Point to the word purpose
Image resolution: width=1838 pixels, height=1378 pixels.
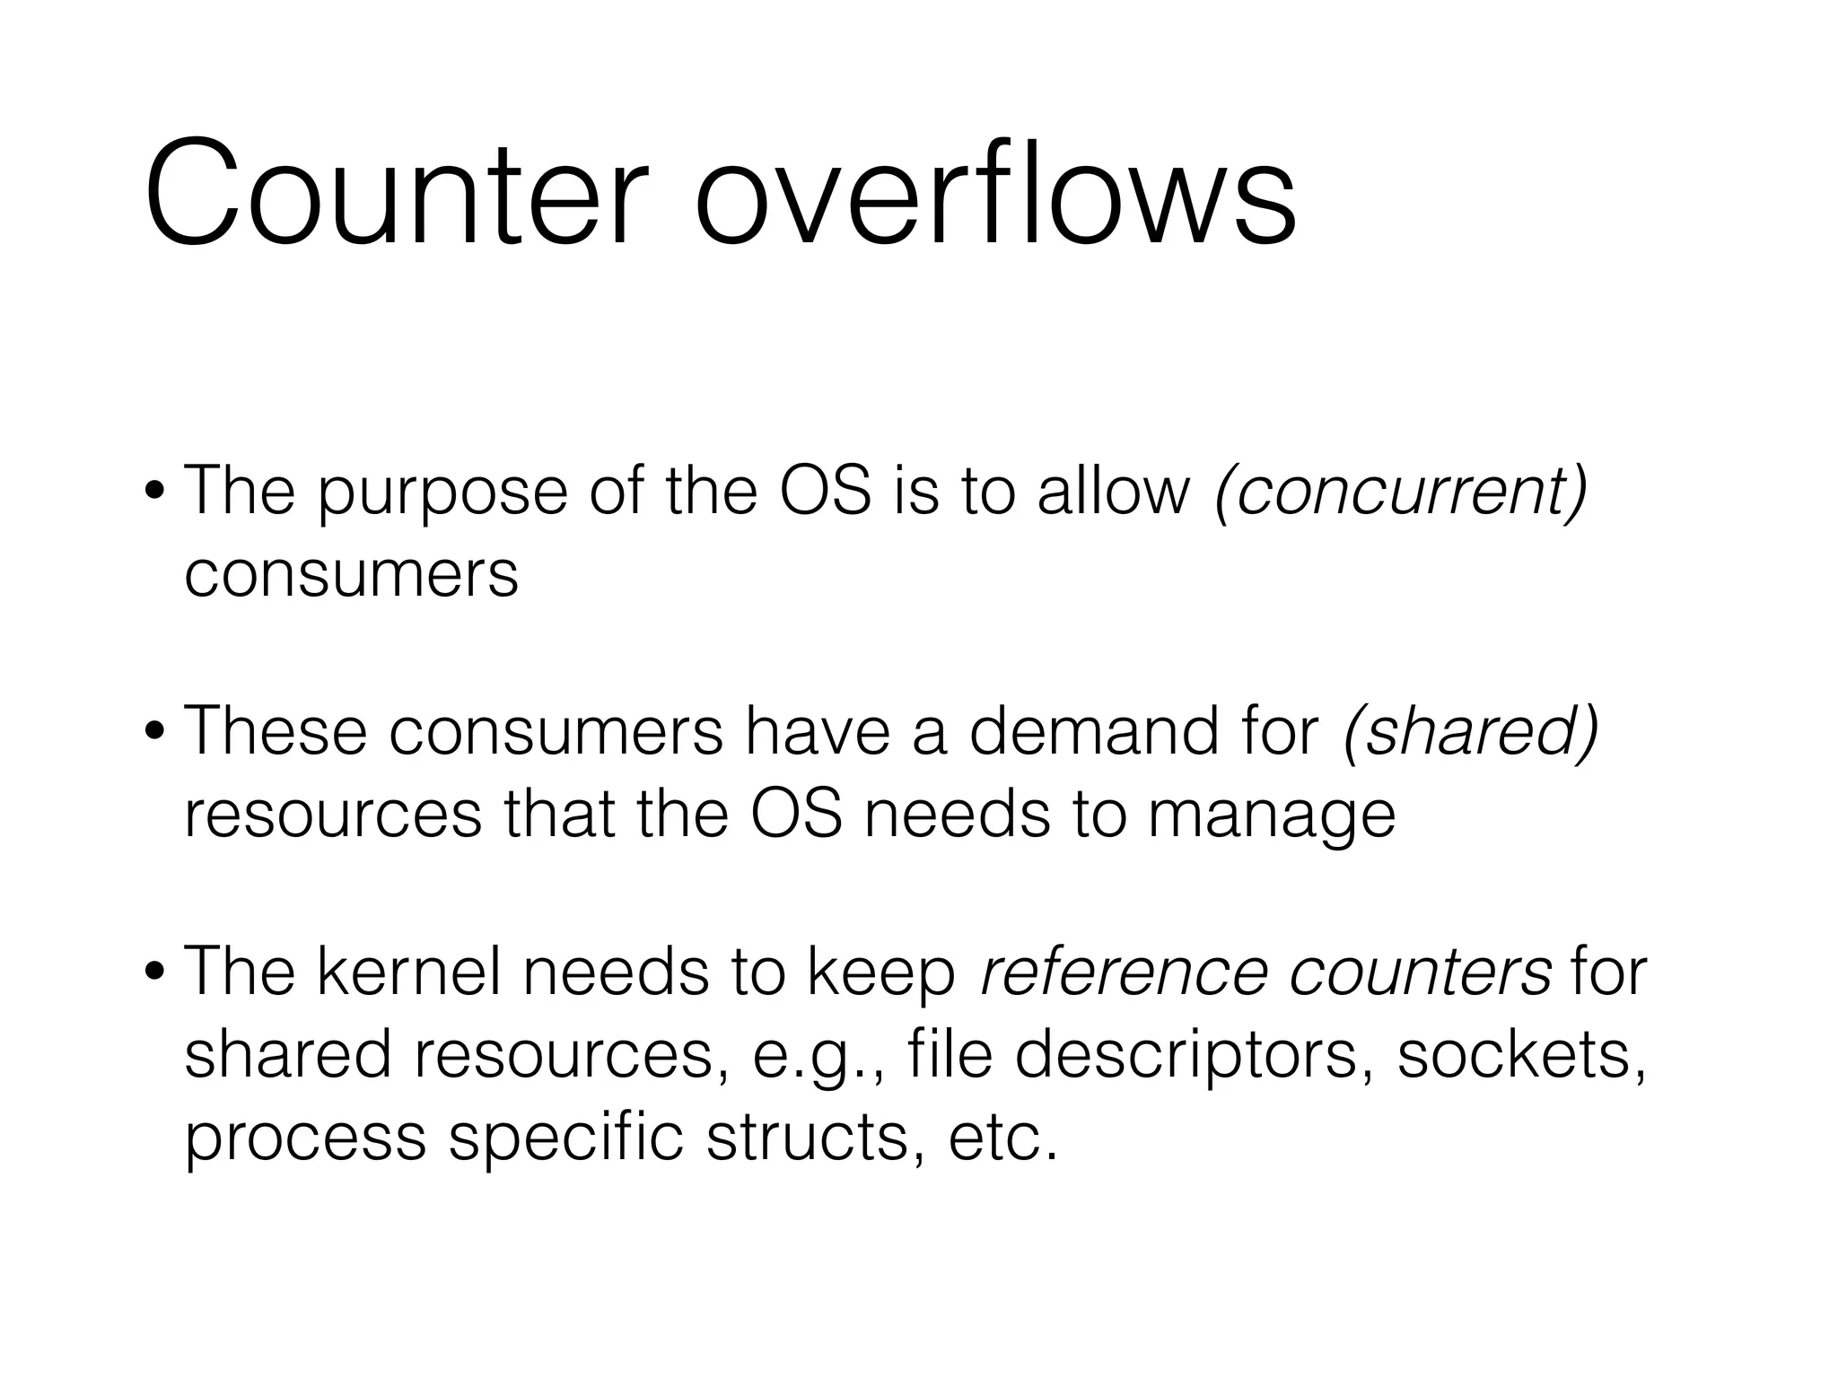tap(443, 495)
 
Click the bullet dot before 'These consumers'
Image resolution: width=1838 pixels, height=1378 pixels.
tap(156, 734)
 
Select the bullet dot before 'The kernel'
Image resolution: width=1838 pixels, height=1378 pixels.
tap(156, 973)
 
